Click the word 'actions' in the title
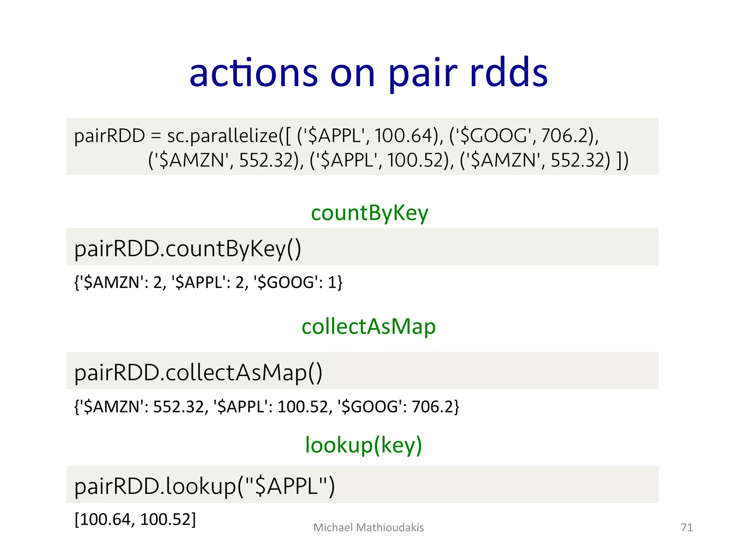(x=253, y=74)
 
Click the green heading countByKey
(x=369, y=213)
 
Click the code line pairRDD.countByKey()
(x=187, y=249)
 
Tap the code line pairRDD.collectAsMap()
(x=198, y=372)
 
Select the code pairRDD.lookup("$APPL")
(x=204, y=486)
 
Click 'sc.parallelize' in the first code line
(x=222, y=136)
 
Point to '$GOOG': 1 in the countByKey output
(x=295, y=282)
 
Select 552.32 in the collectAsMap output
(x=178, y=407)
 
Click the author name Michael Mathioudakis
(x=368, y=528)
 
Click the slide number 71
(x=687, y=528)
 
